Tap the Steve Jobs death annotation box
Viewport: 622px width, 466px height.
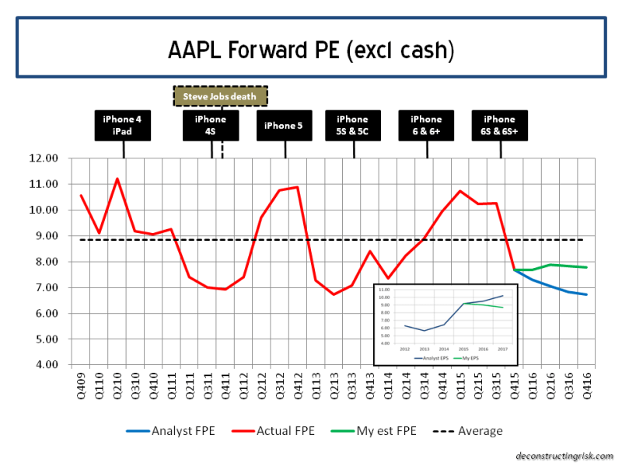click(x=220, y=96)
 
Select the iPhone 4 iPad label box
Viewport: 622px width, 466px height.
click(x=123, y=125)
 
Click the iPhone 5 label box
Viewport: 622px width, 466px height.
click(x=285, y=125)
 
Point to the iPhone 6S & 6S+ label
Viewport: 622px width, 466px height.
click(x=499, y=125)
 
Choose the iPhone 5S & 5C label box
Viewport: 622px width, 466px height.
click(x=353, y=125)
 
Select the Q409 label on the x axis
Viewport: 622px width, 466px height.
click(x=81, y=384)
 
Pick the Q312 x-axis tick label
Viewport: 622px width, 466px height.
click(x=278, y=384)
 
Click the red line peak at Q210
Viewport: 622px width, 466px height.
click(x=117, y=179)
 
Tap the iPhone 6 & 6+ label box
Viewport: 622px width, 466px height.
click(x=426, y=125)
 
